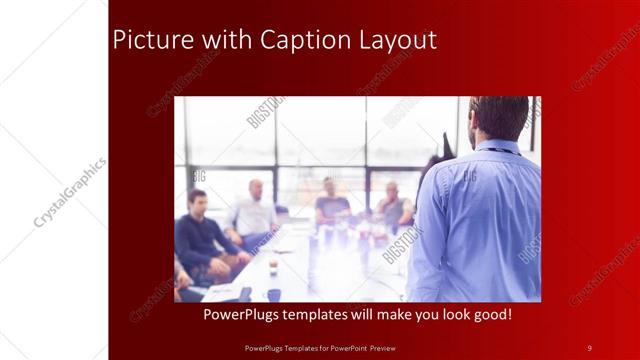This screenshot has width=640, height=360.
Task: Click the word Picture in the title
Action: click(x=148, y=40)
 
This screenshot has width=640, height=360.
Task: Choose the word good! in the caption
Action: click(x=490, y=315)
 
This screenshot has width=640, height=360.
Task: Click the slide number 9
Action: click(x=589, y=347)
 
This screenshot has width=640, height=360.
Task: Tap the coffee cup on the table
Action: click(x=273, y=267)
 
